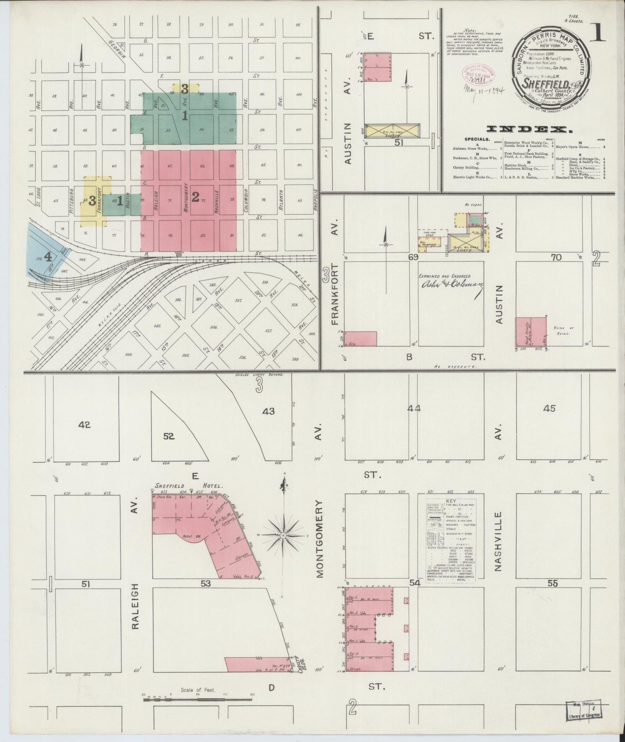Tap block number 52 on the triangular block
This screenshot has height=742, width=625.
(169, 437)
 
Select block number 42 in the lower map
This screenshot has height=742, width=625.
(84, 425)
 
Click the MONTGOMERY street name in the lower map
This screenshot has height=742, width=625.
(320, 539)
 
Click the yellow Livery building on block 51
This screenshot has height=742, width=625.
(392, 131)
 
